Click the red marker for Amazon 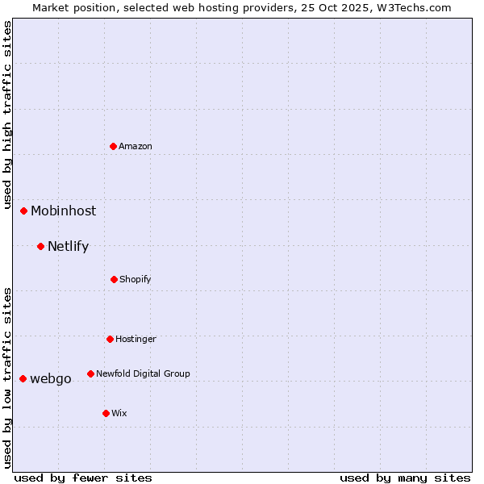(x=114, y=146)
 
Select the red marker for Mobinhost (x=24, y=211)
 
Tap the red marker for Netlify (x=40, y=246)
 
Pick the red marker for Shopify (x=114, y=279)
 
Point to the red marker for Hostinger (x=110, y=339)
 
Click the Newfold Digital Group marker (x=90, y=373)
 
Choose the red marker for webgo (x=23, y=378)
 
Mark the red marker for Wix (x=106, y=413)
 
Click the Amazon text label (x=136, y=146)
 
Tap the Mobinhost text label (x=63, y=211)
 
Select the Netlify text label (x=68, y=247)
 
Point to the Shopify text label (x=136, y=279)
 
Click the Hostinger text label (x=136, y=339)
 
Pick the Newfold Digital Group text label (x=143, y=373)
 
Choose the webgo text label (x=51, y=379)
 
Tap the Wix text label (x=119, y=413)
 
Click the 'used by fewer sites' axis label (x=83, y=478)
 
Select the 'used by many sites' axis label (x=405, y=478)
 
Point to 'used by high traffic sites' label (x=7, y=115)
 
